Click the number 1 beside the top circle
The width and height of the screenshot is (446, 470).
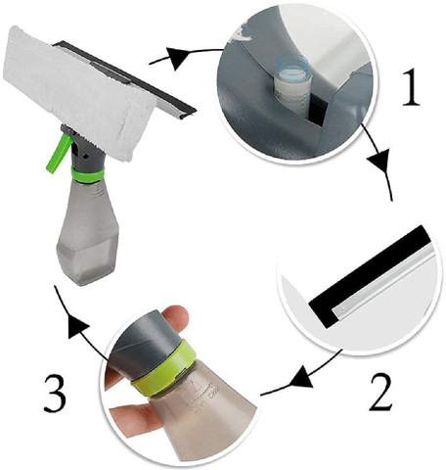coord(411,87)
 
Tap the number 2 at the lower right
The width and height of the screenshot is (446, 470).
coord(380,392)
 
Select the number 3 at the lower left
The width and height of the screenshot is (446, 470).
coord(55,394)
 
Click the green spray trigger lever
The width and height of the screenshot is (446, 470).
coord(59,154)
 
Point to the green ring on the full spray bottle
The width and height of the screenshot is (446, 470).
coord(87,175)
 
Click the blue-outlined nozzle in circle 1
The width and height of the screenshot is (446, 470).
coord(292,83)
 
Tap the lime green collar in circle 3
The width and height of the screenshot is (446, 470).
coord(164,367)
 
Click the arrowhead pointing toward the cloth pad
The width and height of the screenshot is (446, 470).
coord(178,58)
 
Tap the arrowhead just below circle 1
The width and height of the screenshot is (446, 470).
coord(380,163)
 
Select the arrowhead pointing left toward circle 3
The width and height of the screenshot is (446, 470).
coord(301,377)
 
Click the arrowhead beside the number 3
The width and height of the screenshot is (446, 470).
coord(77,327)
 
